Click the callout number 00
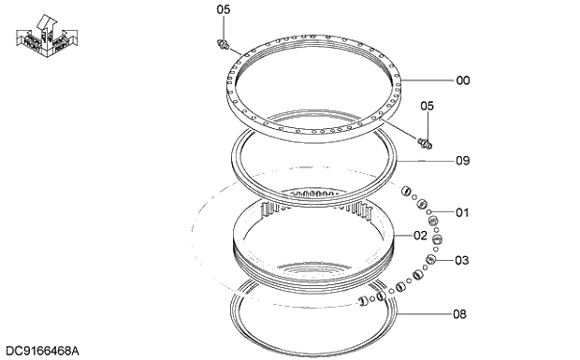462,80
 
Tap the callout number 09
462,161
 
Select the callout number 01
462,212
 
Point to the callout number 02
420,236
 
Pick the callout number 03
462,260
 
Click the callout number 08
459,314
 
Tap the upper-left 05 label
223,9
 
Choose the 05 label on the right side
427,106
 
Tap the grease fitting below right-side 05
424,143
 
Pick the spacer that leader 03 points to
432,259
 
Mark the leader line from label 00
430,80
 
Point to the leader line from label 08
426,313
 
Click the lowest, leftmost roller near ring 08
363,302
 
